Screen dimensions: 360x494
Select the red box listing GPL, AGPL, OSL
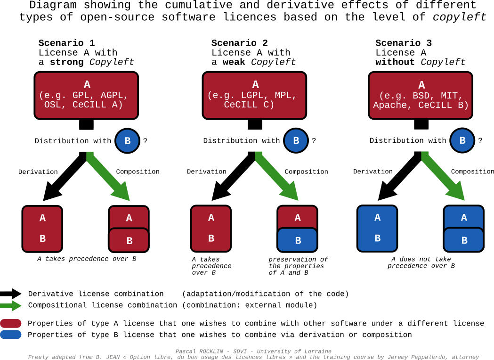click(87, 95)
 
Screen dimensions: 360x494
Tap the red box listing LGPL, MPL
click(255, 95)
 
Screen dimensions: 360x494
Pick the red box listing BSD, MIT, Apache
click(421, 95)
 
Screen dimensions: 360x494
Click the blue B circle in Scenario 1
click(128, 140)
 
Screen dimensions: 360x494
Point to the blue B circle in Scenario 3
click(462, 140)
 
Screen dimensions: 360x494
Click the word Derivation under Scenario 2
click(206, 172)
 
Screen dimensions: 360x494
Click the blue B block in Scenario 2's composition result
click(298, 240)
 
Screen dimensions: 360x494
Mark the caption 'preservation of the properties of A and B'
click(298, 266)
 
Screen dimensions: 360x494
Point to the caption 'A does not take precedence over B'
click(421, 262)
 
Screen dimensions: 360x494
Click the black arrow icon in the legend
click(11, 294)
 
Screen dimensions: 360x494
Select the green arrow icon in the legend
click(11, 305)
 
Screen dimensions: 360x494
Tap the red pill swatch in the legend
click(11, 323)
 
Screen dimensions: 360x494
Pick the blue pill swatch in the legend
click(11, 335)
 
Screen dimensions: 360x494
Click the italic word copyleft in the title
click(460, 17)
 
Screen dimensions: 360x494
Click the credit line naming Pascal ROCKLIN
click(253, 351)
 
